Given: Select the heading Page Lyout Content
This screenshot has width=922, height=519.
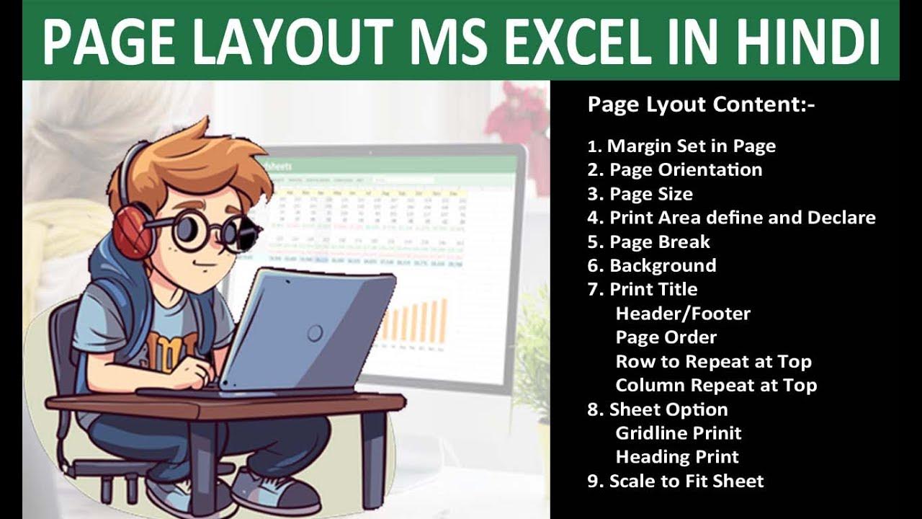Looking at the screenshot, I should click(x=701, y=105).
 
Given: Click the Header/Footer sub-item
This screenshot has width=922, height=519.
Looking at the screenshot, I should click(x=683, y=314).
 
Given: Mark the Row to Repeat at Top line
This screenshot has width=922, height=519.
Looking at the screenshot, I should click(x=713, y=361).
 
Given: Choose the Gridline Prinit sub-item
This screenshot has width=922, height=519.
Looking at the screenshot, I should click(x=679, y=433).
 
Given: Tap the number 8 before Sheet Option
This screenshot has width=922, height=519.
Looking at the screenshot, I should click(x=594, y=409).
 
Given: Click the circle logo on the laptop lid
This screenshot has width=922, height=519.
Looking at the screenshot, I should click(x=315, y=332).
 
